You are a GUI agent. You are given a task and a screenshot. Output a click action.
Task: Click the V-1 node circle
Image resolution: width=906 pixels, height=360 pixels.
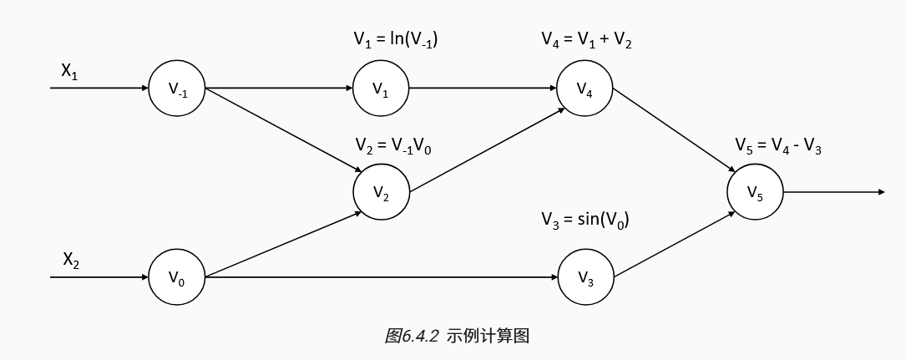pyautogui.click(x=177, y=89)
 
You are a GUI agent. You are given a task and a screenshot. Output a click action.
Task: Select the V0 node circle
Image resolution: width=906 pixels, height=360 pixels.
pyautogui.click(x=177, y=277)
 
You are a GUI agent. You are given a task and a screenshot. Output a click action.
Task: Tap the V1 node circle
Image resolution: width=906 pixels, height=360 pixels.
pyautogui.click(x=381, y=89)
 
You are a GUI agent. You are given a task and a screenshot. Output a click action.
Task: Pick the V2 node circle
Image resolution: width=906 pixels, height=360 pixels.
pyautogui.click(x=381, y=192)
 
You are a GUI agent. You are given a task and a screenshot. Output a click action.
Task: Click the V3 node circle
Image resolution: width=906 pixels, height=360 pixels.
pyautogui.click(x=585, y=277)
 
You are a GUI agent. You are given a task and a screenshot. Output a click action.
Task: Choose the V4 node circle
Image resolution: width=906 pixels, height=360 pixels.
pyautogui.click(x=585, y=89)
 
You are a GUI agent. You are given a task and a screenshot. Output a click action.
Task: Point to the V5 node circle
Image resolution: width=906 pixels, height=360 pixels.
pyautogui.click(x=755, y=192)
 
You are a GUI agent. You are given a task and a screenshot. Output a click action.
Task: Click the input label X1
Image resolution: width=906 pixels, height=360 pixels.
pyautogui.click(x=69, y=73)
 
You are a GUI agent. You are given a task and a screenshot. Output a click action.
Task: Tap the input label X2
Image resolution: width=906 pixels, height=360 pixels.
pyautogui.click(x=71, y=260)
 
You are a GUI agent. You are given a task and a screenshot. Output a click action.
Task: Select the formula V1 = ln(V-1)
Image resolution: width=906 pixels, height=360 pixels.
pyautogui.click(x=397, y=39)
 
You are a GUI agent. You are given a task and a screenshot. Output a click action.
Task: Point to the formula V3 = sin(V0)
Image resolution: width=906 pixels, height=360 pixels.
pyautogui.click(x=585, y=221)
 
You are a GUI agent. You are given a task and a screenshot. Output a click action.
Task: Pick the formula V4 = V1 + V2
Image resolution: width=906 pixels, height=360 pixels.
pyautogui.click(x=586, y=39)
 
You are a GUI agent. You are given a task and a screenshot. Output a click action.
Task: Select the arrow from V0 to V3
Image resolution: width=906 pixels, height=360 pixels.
pyautogui.click(x=381, y=277)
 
